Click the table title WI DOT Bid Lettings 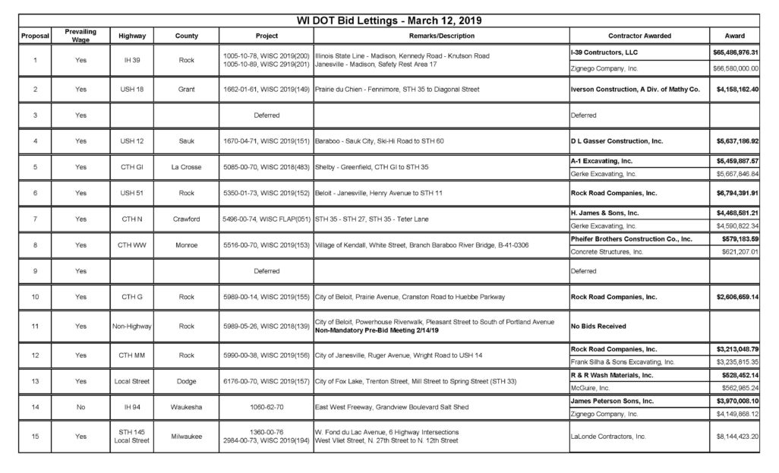[389, 20]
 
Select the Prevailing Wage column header [80, 35]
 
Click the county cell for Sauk [186, 141]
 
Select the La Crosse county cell [186, 167]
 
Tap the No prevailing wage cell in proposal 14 [80, 407]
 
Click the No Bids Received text [598, 326]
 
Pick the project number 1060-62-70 [261, 407]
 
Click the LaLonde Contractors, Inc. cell [608, 437]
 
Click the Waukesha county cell [186, 407]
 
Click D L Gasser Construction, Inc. [617, 141]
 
